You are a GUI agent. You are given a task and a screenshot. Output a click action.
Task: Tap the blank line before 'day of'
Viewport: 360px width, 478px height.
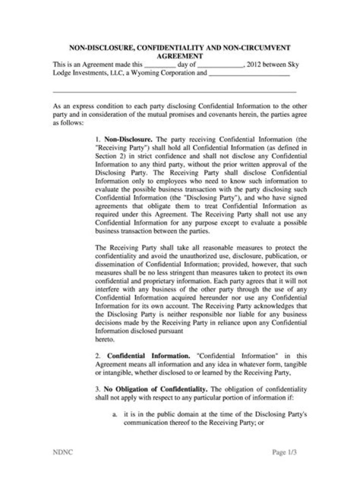pos(159,66)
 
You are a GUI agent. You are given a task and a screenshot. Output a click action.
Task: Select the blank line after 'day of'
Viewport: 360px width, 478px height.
pos(220,66)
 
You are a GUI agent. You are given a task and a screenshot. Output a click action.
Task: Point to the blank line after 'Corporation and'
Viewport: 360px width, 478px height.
pos(249,74)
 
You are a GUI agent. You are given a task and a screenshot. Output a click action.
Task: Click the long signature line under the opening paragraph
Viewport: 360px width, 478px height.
pos(174,92)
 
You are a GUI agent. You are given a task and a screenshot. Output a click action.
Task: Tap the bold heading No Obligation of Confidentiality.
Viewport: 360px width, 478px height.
pos(155,389)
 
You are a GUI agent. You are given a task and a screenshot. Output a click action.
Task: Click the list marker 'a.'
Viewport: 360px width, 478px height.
pos(115,415)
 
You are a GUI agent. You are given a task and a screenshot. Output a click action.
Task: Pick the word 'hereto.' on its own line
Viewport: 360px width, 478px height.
pos(104,339)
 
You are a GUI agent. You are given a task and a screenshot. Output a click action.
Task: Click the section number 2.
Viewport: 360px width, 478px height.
pos(97,356)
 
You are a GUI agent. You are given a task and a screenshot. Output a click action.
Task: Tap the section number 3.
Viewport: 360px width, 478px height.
pos(97,389)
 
